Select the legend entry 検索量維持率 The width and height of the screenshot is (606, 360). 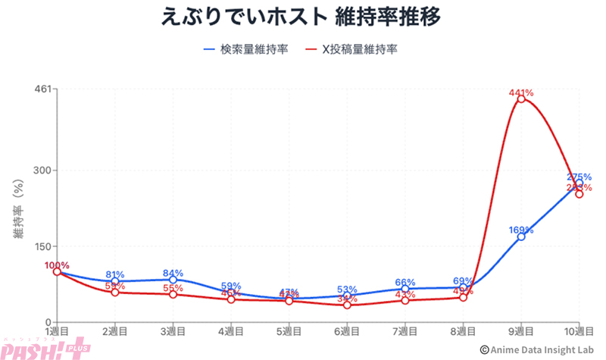(x=245, y=51)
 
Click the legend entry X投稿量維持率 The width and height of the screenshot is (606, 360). (x=351, y=51)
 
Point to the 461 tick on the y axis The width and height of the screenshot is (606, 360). (x=42, y=89)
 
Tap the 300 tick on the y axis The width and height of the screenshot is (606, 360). (x=42, y=170)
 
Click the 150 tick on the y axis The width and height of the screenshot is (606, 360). (x=42, y=246)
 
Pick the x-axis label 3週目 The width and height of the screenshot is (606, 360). (x=173, y=332)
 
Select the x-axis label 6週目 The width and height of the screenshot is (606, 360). (x=347, y=332)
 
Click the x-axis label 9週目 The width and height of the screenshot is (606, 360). (x=521, y=332)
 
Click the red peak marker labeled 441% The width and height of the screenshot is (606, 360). (x=521, y=99)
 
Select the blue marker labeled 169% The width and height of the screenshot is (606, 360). (x=521, y=236)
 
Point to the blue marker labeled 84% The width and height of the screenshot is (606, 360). (x=173, y=280)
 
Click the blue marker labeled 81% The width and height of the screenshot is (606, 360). (x=115, y=281)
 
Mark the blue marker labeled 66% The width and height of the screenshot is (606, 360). (x=405, y=289)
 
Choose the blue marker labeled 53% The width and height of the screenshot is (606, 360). (x=347, y=296)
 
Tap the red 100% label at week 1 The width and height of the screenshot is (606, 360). (x=57, y=265)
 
